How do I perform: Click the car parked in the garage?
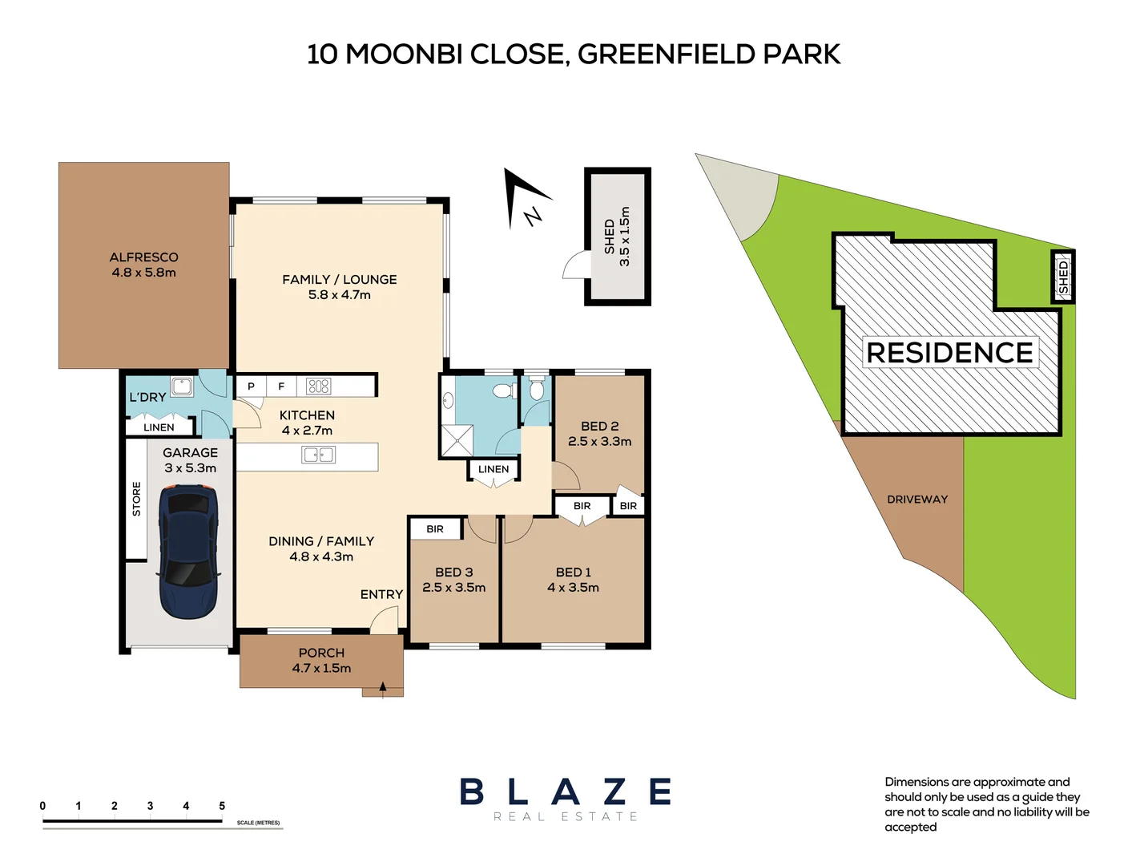[x=188, y=551]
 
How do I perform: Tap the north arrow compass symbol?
[x=525, y=199]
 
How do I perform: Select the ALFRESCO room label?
[x=144, y=257]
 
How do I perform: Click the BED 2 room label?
[x=599, y=427]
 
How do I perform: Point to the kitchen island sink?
[x=318, y=455]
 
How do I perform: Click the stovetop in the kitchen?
[x=318, y=386]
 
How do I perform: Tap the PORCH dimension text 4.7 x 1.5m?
[x=321, y=669]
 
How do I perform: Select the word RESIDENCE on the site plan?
[x=949, y=353]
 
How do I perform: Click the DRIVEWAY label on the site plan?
[x=917, y=500]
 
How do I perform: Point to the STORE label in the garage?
[x=136, y=499]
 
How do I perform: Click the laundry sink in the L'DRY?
[x=182, y=386]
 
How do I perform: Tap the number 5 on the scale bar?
[x=222, y=806]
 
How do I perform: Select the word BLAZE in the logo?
[x=566, y=792]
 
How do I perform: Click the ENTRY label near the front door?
[x=381, y=594]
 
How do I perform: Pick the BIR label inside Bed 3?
[x=435, y=529]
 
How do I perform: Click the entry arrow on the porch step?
[x=383, y=688]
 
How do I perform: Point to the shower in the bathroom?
[x=457, y=440]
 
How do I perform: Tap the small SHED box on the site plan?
[x=1062, y=277]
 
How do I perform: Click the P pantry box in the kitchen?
[x=251, y=386]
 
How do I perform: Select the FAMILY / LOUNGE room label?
[x=340, y=280]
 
